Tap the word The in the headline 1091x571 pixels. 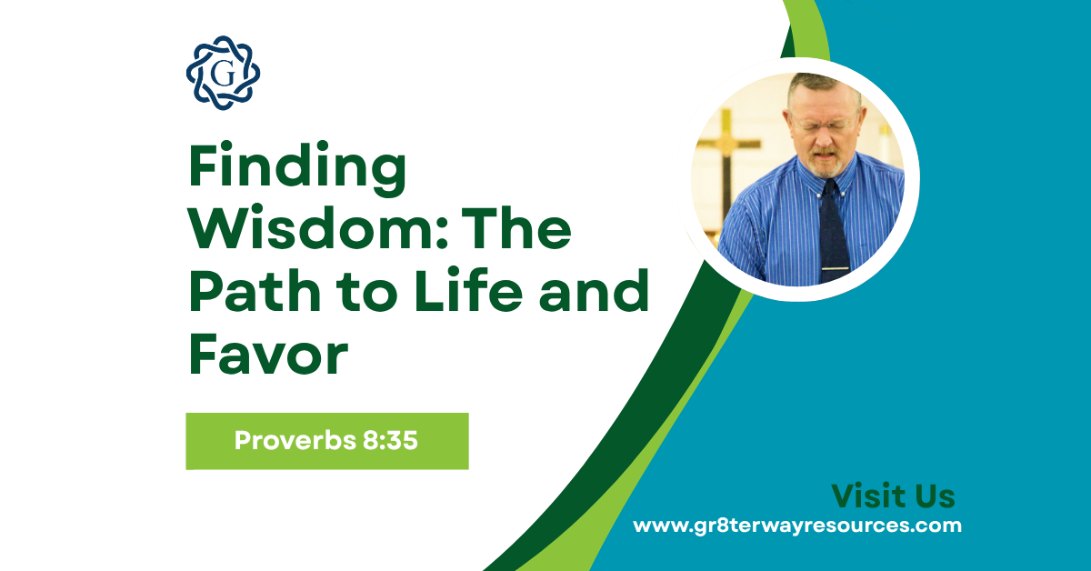pyautogui.click(x=522, y=233)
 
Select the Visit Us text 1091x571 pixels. pyautogui.click(x=893, y=496)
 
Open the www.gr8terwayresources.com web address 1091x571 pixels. pyautogui.click(x=796, y=526)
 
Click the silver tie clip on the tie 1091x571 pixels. pyautogui.click(x=836, y=269)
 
